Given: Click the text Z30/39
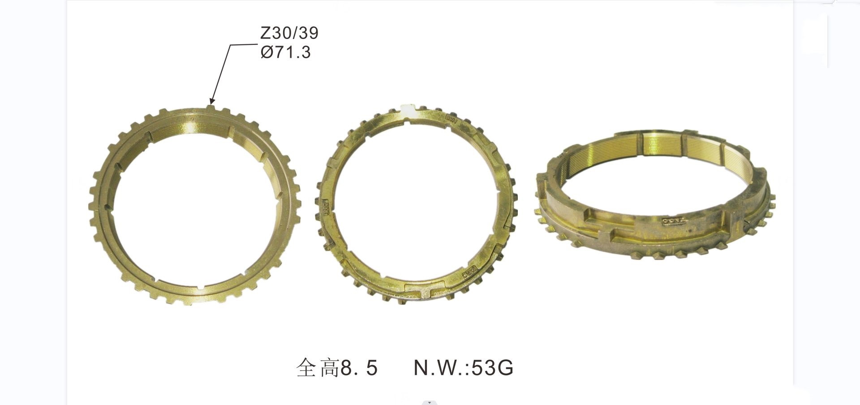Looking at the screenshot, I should (289, 33).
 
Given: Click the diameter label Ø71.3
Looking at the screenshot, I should (285, 53).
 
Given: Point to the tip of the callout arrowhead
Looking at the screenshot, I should (211, 103).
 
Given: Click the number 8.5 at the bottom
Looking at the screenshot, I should (359, 368).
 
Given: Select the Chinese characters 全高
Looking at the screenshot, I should (318, 368).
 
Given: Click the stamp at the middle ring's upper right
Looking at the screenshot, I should (451, 120).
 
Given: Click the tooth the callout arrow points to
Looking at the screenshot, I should (211, 108).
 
